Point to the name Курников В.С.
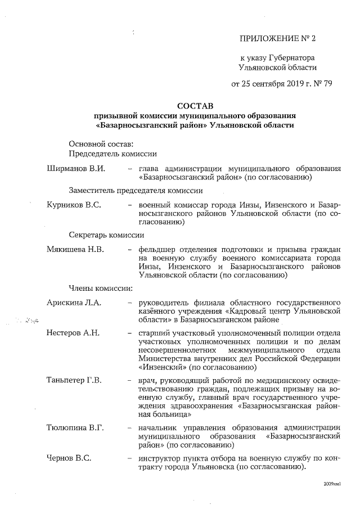point(74,205)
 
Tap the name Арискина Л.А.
point(74,303)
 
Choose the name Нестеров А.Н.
point(73,332)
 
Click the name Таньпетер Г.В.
point(74,381)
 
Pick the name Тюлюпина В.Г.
point(75,429)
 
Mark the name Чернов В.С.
point(69,458)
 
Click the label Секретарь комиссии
point(106,235)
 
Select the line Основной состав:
point(101,143)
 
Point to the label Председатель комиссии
point(112,154)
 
